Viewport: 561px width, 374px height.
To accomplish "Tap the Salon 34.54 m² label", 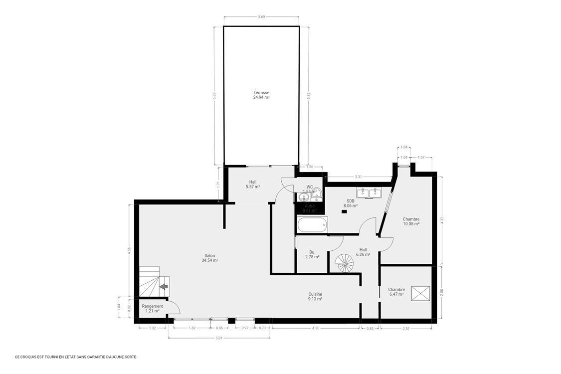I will tap(210, 258).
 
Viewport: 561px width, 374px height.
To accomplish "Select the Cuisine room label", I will tap(315, 297).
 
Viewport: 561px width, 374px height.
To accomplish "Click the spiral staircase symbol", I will tap(344, 262).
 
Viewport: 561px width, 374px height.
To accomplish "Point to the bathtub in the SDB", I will tap(312, 225).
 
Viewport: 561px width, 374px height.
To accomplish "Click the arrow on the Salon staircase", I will tap(164, 286).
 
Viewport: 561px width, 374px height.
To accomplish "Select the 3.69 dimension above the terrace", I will tap(261, 17).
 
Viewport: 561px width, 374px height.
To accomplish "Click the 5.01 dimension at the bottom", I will tap(219, 338).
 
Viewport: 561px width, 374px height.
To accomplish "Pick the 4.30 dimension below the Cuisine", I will tap(315, 328).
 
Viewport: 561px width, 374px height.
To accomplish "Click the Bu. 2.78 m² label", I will tap(312, 255).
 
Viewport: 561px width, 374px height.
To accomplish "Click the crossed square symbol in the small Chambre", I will tap(420, 293).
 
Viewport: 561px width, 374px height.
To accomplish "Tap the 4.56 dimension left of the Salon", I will tap(129, 251).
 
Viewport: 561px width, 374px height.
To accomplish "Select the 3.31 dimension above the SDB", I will tap(358, 177).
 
